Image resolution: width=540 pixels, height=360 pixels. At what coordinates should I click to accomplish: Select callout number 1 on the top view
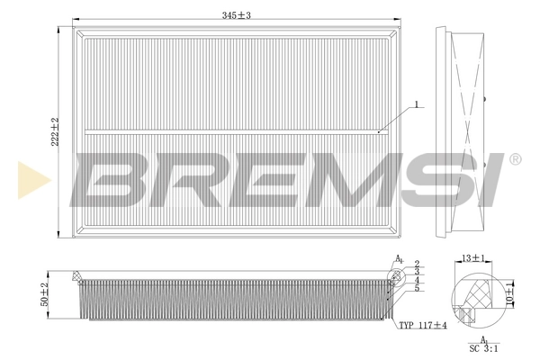(418, 105)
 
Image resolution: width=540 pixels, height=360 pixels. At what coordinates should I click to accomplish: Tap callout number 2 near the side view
(417, 263)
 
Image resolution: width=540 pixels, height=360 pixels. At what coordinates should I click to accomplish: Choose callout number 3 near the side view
(417, 271)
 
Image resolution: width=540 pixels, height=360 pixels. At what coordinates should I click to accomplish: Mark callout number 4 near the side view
(417, 280)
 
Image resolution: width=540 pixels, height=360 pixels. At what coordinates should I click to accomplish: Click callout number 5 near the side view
(417, 288)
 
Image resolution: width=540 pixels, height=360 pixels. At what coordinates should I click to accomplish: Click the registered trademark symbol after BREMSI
(515, 159)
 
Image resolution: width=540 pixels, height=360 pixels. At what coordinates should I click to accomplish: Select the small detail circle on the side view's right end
(395, 273)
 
